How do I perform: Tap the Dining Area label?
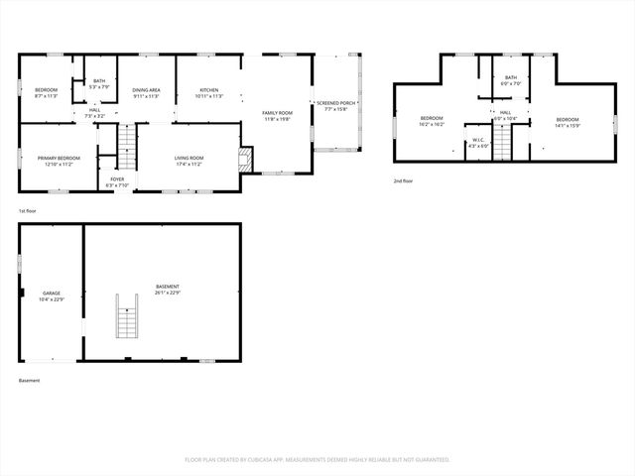point(147,93)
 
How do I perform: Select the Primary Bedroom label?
point(60,161)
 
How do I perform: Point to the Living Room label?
point(189,161)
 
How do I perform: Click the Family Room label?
point(277,116)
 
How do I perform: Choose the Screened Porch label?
point(336,105)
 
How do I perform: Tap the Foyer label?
point(117,181)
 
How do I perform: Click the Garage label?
point(51,296)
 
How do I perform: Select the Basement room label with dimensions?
point(168,290)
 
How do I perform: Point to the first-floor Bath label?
point(99,83)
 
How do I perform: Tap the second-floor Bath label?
point(510,80)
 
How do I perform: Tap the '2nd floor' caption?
point(404,181)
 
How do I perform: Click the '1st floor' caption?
point(28,211)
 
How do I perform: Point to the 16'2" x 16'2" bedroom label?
point(431,122)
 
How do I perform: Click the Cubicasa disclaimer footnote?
point(317,459)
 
